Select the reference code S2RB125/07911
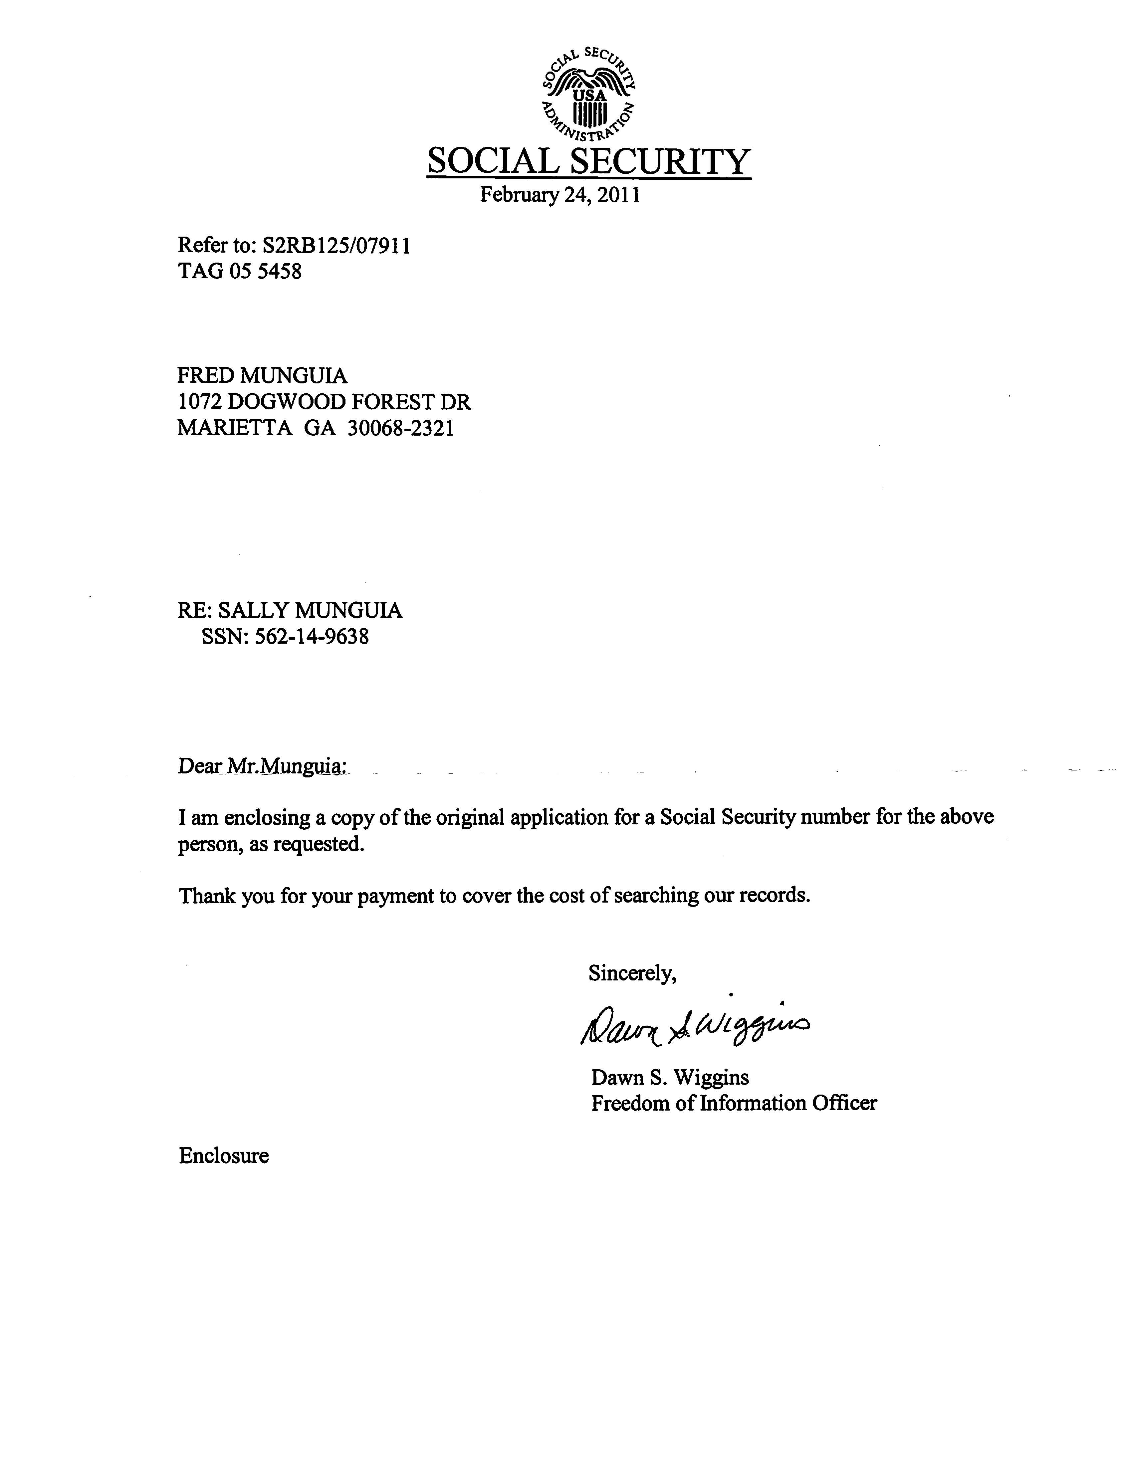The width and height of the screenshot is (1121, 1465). coord(336,246)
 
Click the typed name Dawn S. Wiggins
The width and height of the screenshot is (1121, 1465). coord(669,1077)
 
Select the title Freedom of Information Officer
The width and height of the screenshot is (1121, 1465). coord(733,1104)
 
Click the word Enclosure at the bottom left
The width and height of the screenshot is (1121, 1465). coord(224,1155)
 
